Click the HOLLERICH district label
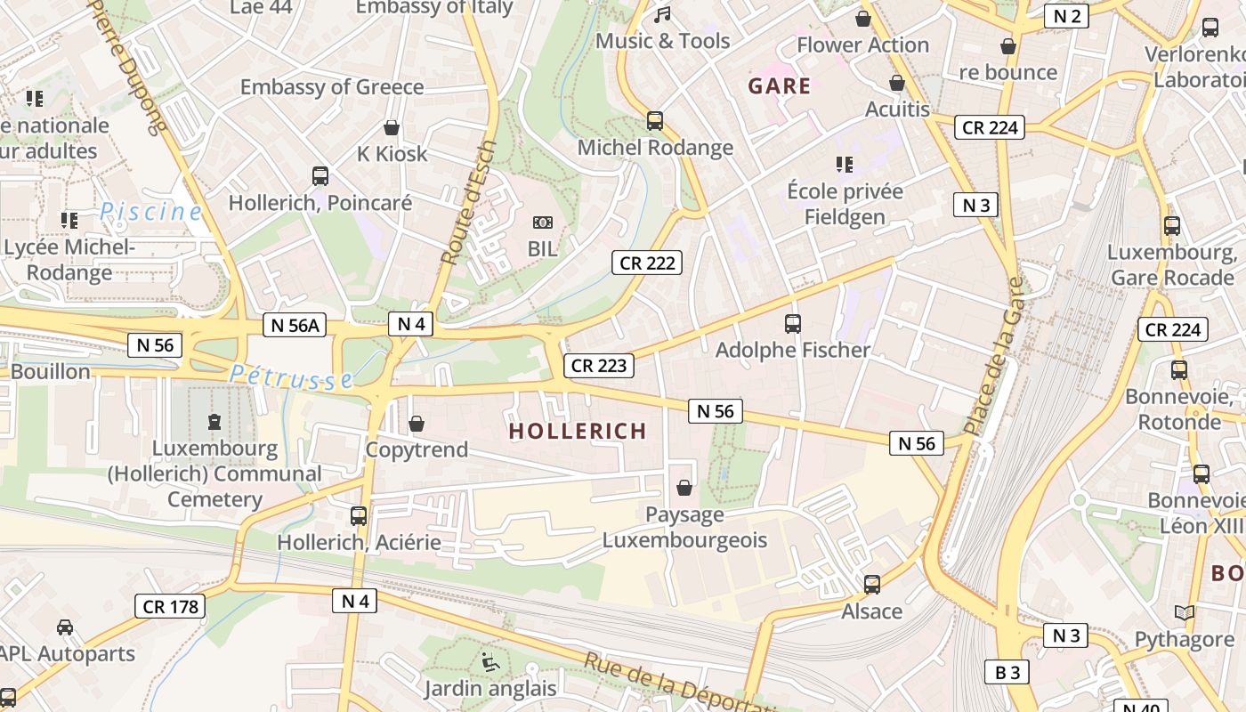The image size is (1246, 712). [x=578, y=432]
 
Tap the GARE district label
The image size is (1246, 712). [x=780, y=86]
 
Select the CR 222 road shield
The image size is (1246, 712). [x=647, y=263]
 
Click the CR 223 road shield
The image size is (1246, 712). [x=599, y=365]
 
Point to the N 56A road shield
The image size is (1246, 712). [x=295, y=326]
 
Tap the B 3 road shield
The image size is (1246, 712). [x=1007, y=672]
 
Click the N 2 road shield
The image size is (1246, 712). [x=1066, y=16]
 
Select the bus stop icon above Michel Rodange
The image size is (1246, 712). [x=655, y=121]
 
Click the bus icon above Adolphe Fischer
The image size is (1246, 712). [x=793, y=324]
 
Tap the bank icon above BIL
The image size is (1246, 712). [x=542, y=222]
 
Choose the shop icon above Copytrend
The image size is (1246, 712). [x=416, y=424]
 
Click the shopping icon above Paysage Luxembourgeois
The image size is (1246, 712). [x=684, y=488]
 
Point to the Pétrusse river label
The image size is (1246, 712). [x=291, y=377]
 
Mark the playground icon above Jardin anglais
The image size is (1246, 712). [x=489, y=661]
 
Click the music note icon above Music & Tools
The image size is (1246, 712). [x=662, y=15]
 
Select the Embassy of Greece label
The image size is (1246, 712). [x=332, y=87]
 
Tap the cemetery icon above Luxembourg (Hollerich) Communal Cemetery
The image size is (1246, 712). [x=214, y=421]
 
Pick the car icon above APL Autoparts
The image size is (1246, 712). [x=65, y=627]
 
